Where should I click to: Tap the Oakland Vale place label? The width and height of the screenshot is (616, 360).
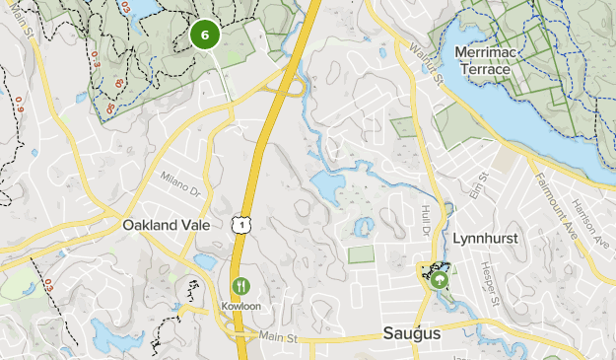coord(165,225)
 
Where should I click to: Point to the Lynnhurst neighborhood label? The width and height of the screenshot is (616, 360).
coord(485,240)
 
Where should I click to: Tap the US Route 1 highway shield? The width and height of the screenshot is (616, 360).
coord(241,226)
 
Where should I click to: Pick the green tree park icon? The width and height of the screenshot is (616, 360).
coord(440,280)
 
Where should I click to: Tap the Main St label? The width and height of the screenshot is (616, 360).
coord(278,337)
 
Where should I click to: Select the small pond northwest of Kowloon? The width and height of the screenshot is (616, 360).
coord(206,262)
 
